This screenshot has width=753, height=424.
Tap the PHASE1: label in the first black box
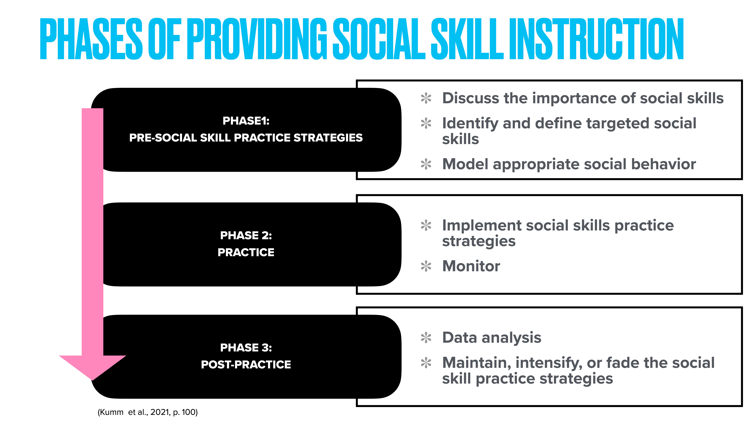(x=246, y=121)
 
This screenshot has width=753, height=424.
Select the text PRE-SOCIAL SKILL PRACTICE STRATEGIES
(x=246, y=138)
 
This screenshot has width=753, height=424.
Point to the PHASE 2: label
(x=246, y=235)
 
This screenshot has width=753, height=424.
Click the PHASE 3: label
(x=246, y=348)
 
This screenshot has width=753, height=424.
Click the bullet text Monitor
(x=471, y=266)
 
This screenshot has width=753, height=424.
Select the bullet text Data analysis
(x=492, y=338)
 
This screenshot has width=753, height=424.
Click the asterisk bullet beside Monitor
(x=426, y=266)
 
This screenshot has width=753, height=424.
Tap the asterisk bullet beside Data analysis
(x=426, y=338)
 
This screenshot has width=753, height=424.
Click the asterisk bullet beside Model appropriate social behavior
(x=426, y=164)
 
